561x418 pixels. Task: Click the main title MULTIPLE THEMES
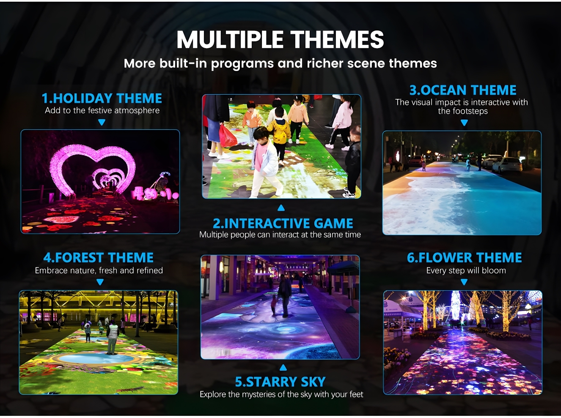click(280, 39)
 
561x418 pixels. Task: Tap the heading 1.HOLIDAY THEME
click(102, 98)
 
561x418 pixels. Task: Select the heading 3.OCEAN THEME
click(463, 90)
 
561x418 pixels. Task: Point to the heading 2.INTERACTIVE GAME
click(283, 223)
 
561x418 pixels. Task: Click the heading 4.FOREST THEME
click(99, 257)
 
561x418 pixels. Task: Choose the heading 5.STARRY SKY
click(280, 382)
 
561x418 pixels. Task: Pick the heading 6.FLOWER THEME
click(465, 257)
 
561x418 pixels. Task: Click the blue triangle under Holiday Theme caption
click(102, 122)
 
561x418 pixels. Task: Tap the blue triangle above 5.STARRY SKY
click(283, 367)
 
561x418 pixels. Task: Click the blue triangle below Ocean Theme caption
click(464, 123)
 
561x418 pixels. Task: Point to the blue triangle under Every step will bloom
click(464, 282)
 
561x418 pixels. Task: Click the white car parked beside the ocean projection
click(507, 165)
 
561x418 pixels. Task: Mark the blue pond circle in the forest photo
click(96, 358)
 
